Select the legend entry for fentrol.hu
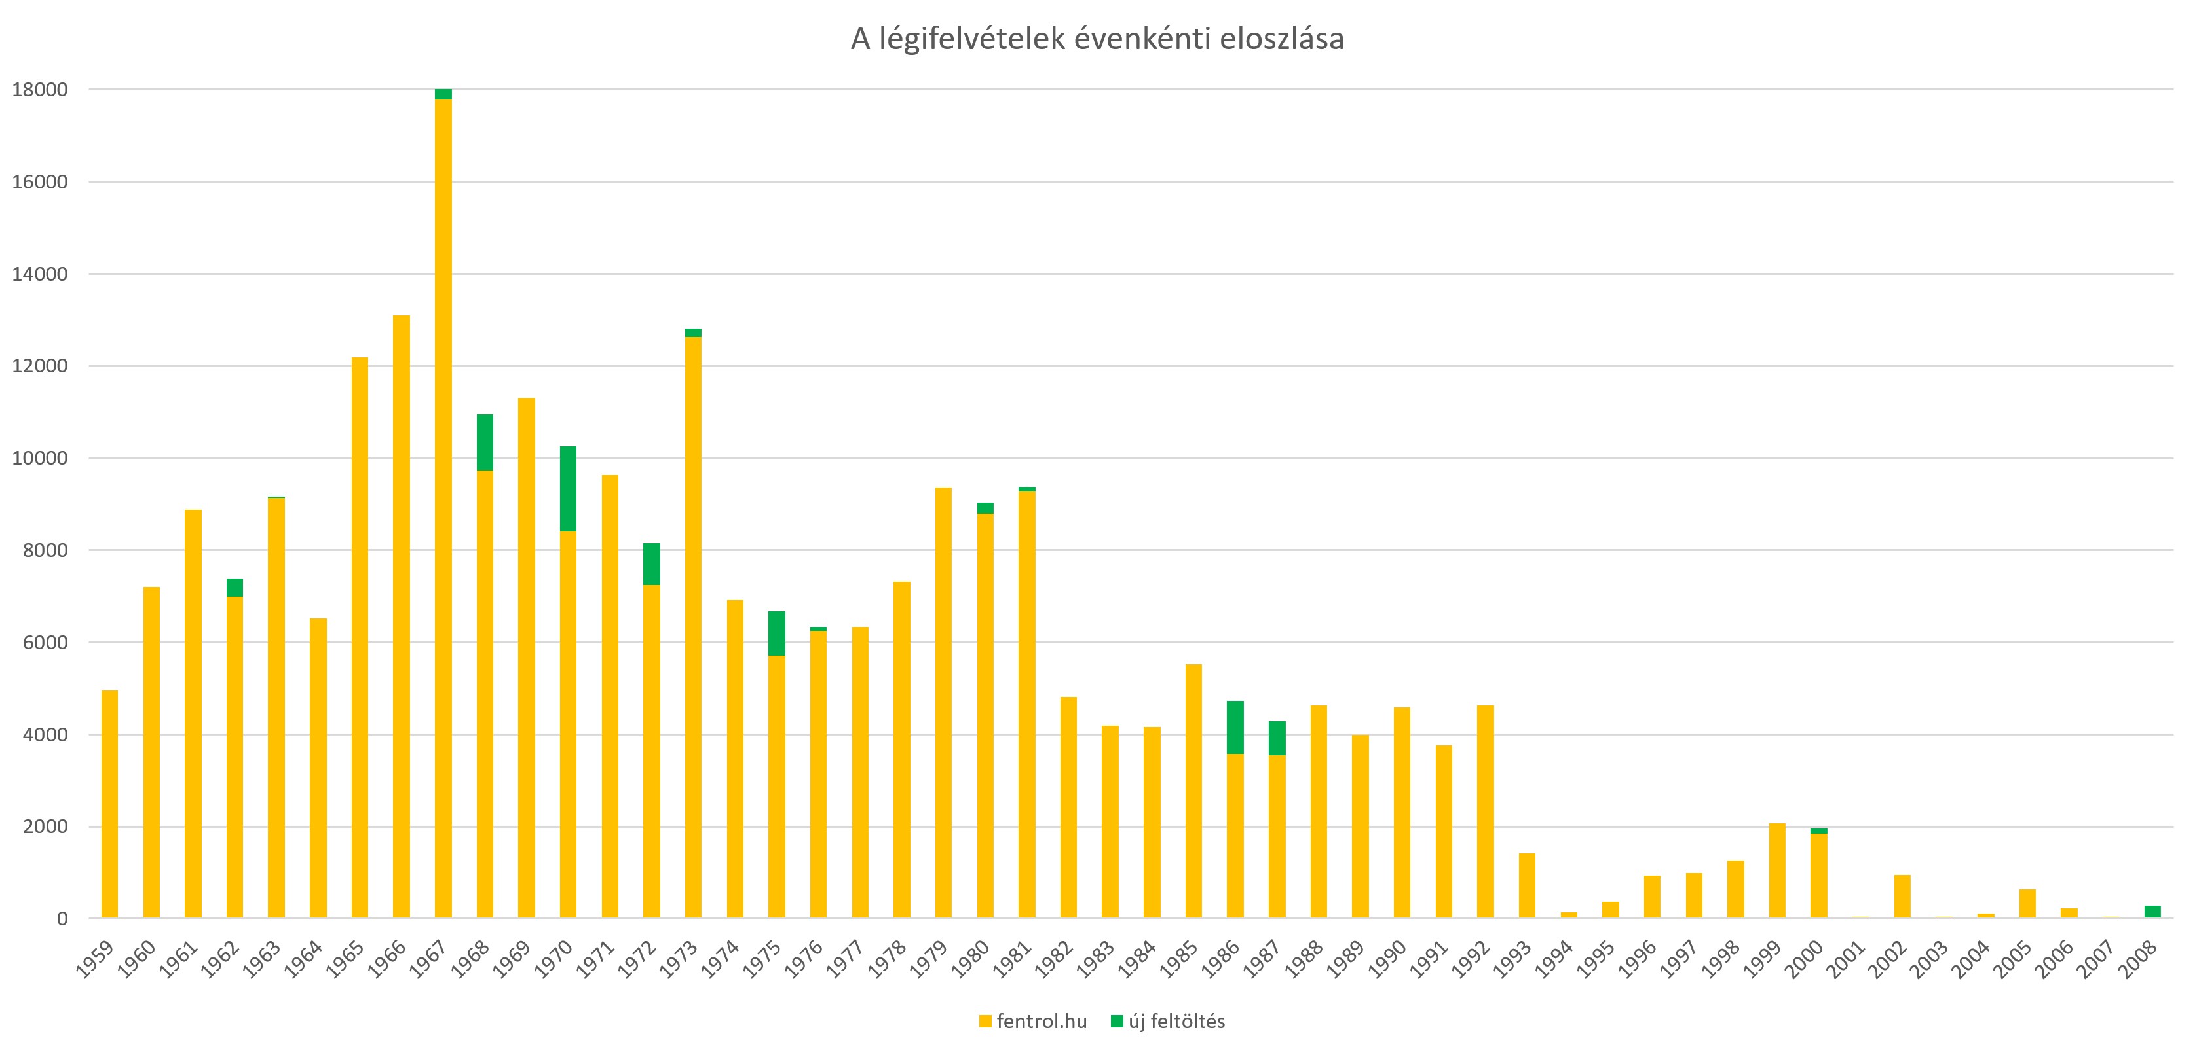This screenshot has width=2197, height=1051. [1033, 1021]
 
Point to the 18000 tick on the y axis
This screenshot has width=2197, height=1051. [40, 90]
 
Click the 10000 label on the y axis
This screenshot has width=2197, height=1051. [40, 457]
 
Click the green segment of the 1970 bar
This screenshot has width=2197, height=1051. [568, 488]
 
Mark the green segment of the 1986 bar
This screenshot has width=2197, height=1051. [1235, 727]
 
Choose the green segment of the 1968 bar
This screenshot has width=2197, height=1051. [485, 442]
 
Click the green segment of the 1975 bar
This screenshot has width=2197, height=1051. [776, 633]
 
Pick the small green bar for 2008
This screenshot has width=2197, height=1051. [2152, 911]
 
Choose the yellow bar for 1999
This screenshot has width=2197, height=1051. [1777, 870]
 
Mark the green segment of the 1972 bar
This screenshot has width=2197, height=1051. [652, 563]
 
